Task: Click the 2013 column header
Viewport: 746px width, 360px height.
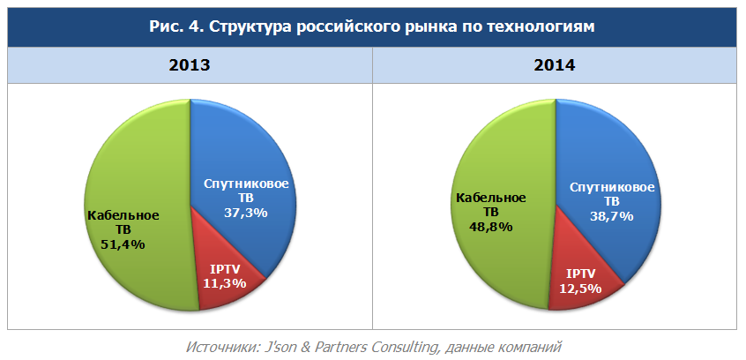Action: click(190, 66)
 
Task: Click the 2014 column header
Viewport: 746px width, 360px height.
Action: click(554, 66)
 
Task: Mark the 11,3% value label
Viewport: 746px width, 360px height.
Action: click(225, 283)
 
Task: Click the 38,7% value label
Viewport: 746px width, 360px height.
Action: click(612, 216)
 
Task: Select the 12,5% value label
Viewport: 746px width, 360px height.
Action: click(581, 288)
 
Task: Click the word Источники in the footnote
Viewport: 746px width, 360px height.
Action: click(219, 346)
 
